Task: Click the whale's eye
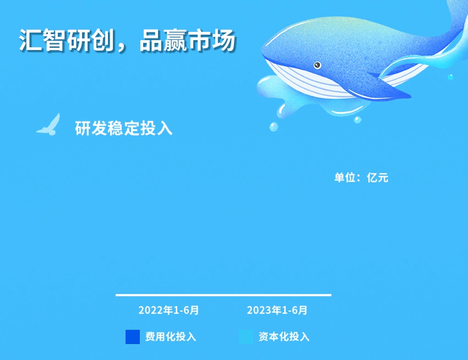click(x=317, y=65)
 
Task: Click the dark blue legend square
click(x=133, y=337)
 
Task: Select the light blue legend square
click(x=246, y=337)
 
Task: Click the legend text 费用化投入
click(x=171, y=337)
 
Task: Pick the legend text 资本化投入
click(x=284, y=337)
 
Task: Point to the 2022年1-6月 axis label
click(x=168, y=310)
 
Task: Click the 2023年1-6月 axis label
click(x=277, y=310)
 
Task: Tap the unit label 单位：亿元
click(x=361, y=178)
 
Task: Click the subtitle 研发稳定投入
click(x=123, y=128)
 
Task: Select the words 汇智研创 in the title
click(x=67, y=40)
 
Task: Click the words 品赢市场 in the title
click(x=188, y=40)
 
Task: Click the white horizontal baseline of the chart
click(x=224, y=295)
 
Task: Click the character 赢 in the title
click(x=175, y=40)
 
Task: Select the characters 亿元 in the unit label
click(x=378, y=178)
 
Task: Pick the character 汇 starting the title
click(x=31, y=40)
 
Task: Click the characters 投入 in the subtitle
click(x=156, y=128)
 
